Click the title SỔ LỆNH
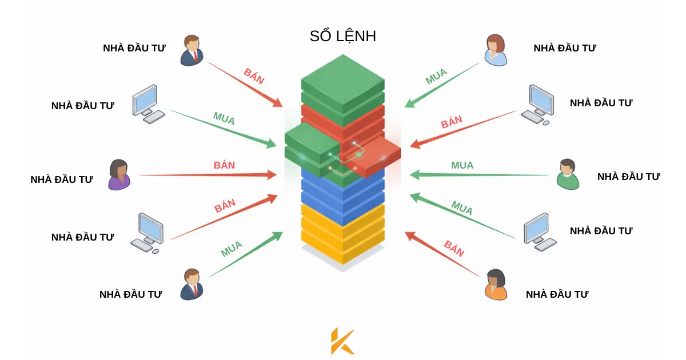342,37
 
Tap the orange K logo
342,341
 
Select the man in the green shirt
568,174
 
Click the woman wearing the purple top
119,175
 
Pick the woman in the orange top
495,285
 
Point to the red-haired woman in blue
495,50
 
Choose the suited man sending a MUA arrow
192,285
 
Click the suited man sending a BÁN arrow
192,50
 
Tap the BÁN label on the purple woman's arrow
225,165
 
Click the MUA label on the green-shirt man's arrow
462,165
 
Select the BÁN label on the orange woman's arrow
454,249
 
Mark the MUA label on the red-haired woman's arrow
436,77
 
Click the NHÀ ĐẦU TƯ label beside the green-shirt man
628,177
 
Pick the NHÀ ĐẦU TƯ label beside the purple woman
62,179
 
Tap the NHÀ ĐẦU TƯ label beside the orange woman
557,294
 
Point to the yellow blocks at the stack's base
342,234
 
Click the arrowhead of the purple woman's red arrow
273,174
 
